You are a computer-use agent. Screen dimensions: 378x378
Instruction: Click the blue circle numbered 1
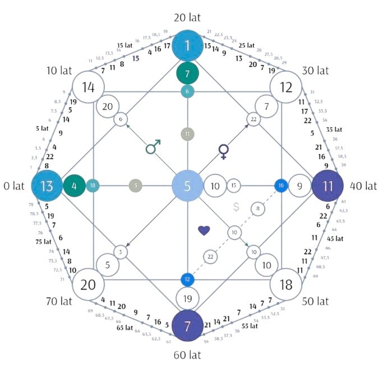click(188, 46)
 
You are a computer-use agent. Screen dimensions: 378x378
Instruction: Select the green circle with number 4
click(74, 186)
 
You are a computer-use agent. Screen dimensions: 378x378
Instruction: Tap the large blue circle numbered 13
click(47, 186)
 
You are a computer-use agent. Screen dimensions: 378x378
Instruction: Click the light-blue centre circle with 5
click(188, 186)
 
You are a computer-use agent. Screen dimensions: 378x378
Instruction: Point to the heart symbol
click(204, 230)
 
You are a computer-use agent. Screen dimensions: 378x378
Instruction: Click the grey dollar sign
click(236, 206)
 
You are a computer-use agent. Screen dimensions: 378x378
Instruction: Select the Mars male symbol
click(152, 147)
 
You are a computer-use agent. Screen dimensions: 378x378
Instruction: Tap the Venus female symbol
click(224, 150)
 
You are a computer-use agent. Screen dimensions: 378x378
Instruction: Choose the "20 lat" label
click(188, 17)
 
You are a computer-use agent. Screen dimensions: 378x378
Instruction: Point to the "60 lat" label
click(188, 355)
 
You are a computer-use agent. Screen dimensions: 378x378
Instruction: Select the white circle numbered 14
click(87, 87)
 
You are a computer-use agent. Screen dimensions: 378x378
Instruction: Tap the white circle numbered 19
click(188, 298)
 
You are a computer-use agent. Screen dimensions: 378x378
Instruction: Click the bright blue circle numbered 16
click(280, 186)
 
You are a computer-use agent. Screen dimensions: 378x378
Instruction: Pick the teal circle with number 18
click(93, 186)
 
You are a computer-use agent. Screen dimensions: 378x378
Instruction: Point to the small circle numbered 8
click(257, 209)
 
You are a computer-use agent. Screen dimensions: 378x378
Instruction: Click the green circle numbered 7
click(188, 73)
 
